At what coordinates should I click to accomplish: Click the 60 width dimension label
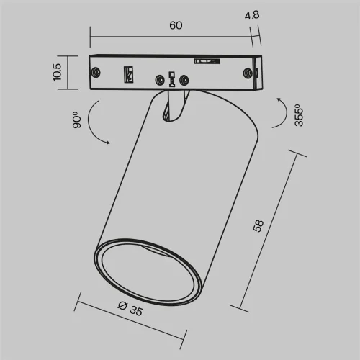[x=176, y=25]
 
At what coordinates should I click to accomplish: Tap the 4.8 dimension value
[x=252, y=15]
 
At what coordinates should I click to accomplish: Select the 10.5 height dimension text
[x=58, y=72]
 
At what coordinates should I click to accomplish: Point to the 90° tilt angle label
[x=77, y=120]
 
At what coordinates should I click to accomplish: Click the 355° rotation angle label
[x=299, y=115]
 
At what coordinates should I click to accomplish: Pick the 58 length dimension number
[x=258, y=226]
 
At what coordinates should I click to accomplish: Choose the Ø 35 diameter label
[x=130, y=309]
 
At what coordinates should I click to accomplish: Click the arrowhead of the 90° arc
[x=108, y=143]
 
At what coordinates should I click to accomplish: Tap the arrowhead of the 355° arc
[x=279, y=99]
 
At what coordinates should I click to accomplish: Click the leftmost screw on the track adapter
[x=96, y=72]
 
